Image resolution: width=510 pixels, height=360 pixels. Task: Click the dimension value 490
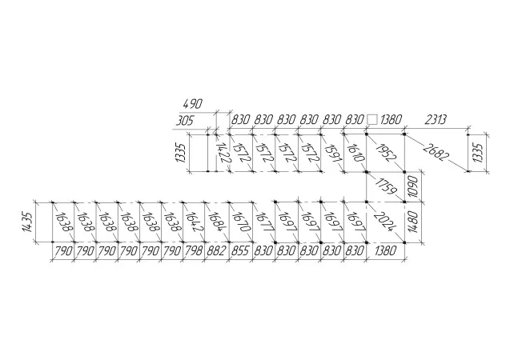point(192,104)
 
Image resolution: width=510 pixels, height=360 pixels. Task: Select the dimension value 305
point(185,121)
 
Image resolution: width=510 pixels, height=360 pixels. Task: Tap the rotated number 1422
point(223,153)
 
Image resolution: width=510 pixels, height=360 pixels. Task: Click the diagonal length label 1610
point(355,153)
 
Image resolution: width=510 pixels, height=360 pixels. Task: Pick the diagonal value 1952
point(386,152)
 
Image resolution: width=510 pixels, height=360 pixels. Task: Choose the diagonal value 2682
point(436,151)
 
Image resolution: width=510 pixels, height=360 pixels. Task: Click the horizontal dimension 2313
point(436,119)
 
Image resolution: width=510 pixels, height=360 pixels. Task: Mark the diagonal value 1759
point(386,186)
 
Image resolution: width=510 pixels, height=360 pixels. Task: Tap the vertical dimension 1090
point(413,186)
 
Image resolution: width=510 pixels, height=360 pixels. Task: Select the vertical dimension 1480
point(413,222)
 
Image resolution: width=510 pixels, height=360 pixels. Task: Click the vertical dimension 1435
point(27,222)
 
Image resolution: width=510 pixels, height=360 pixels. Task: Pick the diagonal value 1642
point(195,222)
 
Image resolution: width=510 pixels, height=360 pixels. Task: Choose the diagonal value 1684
point(217,222)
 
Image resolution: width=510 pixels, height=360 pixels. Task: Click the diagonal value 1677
point(264,222)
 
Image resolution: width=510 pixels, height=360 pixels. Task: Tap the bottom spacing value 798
point(194,251)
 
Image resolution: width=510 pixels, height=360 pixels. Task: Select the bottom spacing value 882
point(216,251)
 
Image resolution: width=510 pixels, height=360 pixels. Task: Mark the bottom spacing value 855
point(240,251)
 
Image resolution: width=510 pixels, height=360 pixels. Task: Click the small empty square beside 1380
point(372,119)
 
